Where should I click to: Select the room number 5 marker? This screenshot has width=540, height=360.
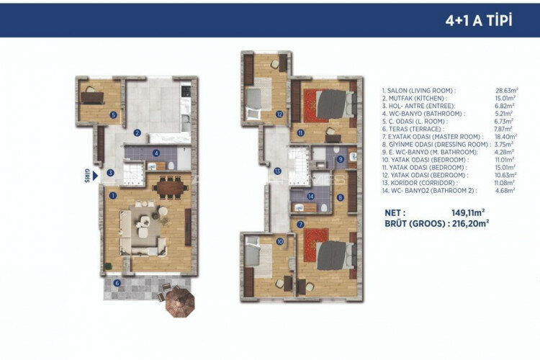113,114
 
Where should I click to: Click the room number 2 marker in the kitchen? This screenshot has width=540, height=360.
136,132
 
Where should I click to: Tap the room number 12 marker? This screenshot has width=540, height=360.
278,113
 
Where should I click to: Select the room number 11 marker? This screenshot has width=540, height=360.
301,134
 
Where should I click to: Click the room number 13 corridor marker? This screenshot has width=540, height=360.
278,171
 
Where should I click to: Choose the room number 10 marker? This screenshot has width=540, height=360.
279,242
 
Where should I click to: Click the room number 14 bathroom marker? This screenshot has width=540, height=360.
309,195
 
